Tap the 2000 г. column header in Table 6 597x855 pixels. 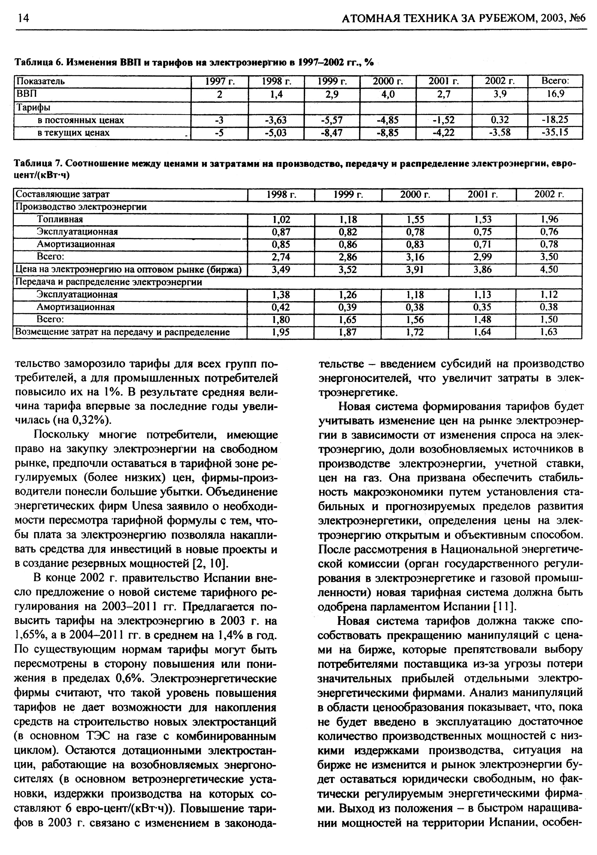[388, 81]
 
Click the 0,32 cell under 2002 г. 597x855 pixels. [500, 120]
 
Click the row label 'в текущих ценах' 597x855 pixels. [73, 133]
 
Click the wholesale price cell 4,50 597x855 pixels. [549, 269]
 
